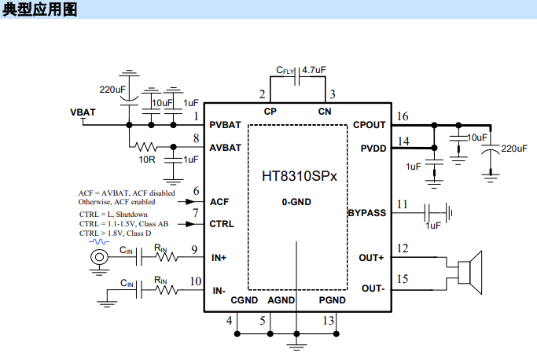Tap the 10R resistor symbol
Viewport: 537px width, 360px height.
click(x=147, y=147)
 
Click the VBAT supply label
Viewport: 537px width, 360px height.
click(x=83, y=112)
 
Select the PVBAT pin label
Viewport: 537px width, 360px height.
click(x=225, y=125)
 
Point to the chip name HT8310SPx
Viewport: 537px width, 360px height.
click(x=298, y=176)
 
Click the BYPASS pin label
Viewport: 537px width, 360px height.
click(x=366, y=213)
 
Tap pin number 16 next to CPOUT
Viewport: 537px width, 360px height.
click(x=403, y=117)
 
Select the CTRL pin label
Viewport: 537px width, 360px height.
click(x=223, y=224)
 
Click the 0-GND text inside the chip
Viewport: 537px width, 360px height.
click(x=297, y=201)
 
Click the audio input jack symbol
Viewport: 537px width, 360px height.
click(x=98, y=257)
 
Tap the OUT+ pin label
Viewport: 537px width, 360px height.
click(x=371, y=257)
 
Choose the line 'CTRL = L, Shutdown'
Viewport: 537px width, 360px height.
click(x=113, y=214)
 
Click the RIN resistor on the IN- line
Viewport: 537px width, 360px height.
click(x=166, y=289)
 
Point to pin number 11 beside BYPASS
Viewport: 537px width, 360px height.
click(x=403, y=205)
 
